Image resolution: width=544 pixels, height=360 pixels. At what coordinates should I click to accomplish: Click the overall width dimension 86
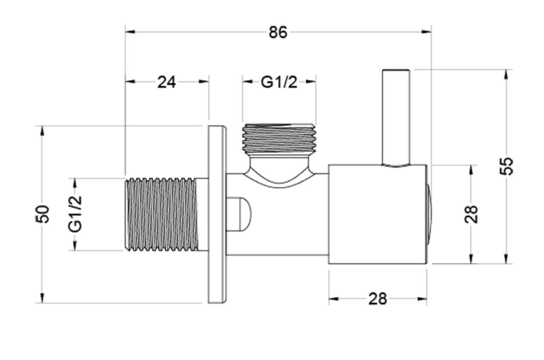278,32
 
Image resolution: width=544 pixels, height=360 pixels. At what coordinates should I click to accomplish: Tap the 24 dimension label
167,82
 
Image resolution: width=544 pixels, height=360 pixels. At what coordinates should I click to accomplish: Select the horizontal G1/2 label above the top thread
279,82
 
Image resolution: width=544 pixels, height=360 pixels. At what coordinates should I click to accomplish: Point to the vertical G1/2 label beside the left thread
75,214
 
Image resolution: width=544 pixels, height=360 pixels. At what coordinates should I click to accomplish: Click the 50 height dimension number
43,214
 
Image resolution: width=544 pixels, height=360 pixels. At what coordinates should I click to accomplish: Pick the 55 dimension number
507,166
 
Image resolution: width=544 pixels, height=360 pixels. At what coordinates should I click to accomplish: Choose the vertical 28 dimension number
472,214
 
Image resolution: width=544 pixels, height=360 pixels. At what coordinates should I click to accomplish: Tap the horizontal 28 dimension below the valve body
377,298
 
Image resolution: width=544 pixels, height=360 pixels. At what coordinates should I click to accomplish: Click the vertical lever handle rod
396,118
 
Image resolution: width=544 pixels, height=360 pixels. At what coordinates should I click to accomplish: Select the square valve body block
377,214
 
